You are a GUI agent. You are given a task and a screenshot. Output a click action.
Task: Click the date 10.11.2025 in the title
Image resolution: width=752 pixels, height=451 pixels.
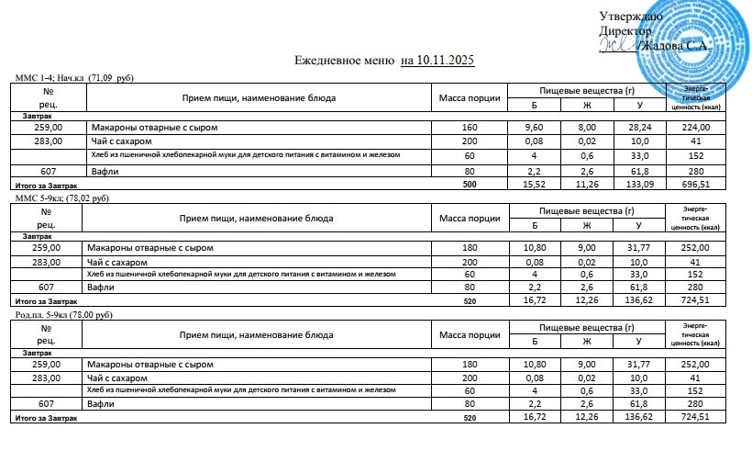[x=445, y=61]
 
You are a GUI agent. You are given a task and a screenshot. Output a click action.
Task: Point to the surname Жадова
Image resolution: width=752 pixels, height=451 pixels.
[x=665, y=46]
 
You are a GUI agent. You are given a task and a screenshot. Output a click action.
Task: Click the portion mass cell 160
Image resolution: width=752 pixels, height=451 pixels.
[x=470, y=127]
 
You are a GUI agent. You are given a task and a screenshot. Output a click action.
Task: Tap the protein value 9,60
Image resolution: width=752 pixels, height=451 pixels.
[x=534, y=127]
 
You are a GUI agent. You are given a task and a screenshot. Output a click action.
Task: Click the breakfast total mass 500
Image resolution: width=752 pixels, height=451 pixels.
[x=471, y=184]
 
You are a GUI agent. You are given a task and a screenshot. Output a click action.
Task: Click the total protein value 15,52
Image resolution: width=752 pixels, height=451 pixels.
[x=534, y=184]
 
